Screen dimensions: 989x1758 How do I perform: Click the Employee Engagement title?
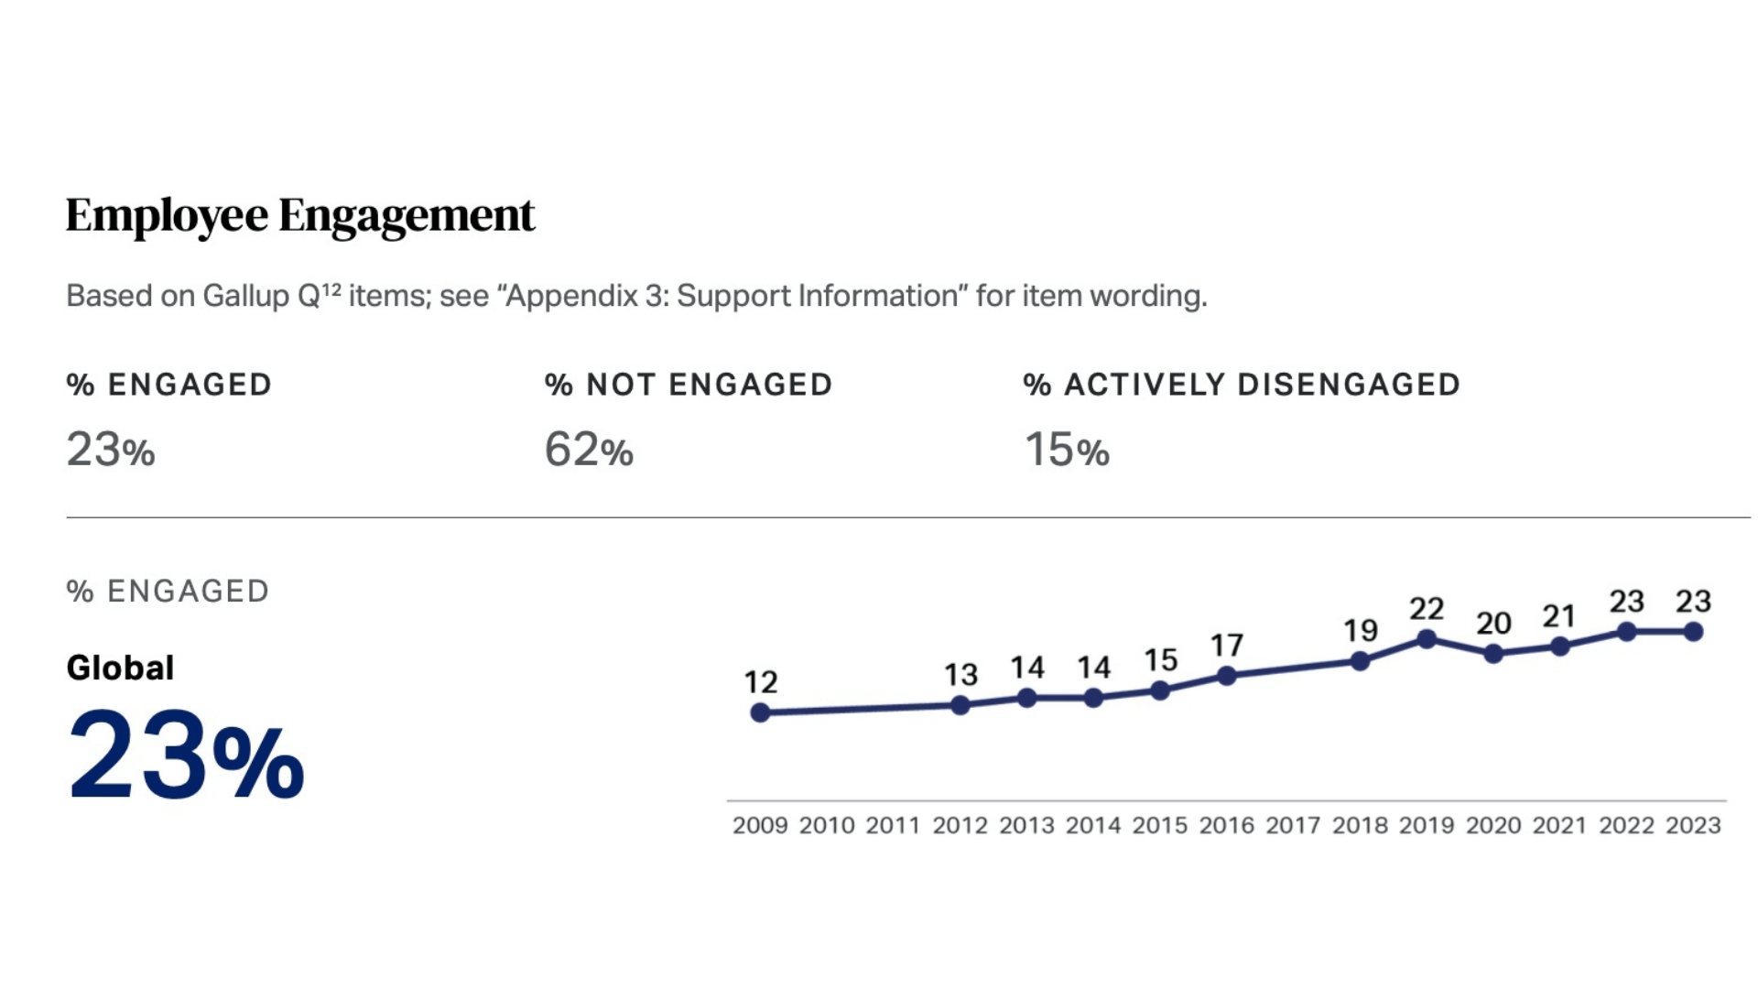click(x=299, y=216)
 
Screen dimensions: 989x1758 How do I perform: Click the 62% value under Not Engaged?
click(x=588, y=450)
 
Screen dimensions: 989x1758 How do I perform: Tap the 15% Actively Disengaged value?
click(x=1066, y=450)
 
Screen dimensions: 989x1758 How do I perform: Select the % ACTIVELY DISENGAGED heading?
click(x=1241, y=385)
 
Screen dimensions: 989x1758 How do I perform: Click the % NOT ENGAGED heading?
click(x=689, y=385)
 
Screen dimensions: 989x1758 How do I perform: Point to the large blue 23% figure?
click(x=186, y=756)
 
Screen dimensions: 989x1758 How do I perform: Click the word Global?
click(x=120, y=668)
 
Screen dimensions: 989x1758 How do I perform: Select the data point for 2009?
click(x=760, y=712)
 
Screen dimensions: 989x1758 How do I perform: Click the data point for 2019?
click(x=1427, y=638)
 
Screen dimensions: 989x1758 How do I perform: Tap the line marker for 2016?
click(x=1227, y=676)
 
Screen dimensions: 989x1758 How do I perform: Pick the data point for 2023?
click(x=1693, y=631)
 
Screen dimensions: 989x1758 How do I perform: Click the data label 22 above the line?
click(x=1427, y=608)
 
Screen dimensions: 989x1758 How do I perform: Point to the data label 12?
click(x=760, y=682)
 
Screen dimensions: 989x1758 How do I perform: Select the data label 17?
click(x=1227, y=646)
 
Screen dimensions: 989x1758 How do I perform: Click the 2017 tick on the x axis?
click(x=1293, y=825)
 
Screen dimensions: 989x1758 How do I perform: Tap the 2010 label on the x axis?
click(x=827, y=825)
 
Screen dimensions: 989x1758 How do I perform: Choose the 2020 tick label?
click(x=1493, y=825)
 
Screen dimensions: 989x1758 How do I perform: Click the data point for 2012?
click(x=960, y=705)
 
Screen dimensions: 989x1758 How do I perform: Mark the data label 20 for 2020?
click(x=1493, y=624)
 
